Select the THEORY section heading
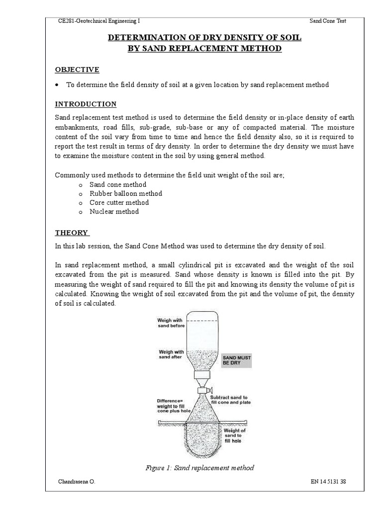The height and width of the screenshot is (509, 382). (72, 233)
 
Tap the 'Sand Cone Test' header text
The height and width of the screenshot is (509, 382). (328, 21)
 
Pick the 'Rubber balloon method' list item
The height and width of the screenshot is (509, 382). (125, 193)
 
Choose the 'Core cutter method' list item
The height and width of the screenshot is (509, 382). (119, 202)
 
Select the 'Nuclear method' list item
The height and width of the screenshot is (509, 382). (114, 211)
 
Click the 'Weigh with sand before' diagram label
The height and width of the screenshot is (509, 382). (171, 323)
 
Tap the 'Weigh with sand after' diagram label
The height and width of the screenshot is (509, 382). (170, 354)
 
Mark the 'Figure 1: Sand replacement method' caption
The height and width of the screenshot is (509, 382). (199, 468)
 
